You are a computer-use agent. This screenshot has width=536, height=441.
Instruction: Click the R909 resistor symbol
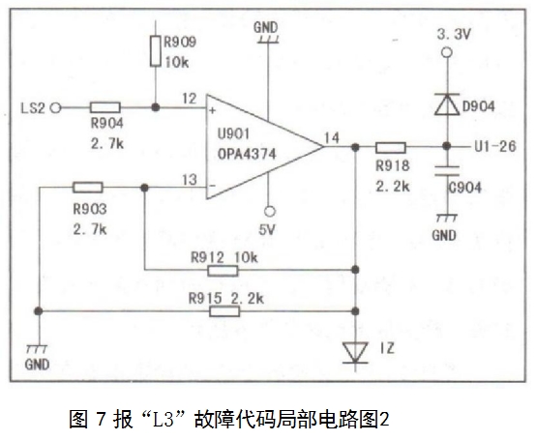[156, 50]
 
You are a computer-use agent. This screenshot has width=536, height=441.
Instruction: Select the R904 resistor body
[104, 107]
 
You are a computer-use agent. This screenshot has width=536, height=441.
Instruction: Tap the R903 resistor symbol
[87, 188]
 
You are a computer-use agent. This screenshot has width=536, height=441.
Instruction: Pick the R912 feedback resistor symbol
[223, 271]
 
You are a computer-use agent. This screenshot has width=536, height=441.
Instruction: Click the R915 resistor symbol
[224, 311]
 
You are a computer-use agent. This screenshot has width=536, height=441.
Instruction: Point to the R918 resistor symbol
[391, 147]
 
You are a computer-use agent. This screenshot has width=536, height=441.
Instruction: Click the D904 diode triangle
[447, 103]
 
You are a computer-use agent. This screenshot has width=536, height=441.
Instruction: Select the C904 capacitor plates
[447, 171]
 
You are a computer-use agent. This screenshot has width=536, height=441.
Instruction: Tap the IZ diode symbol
[355, 353]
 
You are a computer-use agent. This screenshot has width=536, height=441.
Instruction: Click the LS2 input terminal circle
[56, 108]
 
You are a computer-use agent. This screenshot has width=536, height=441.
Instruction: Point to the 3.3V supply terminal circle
[447, 52]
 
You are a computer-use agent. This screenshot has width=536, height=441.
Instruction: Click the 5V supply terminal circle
[270, 212]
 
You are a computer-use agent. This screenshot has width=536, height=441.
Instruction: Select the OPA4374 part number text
[247, 154]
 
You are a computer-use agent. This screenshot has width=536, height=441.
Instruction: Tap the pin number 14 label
[332, 138]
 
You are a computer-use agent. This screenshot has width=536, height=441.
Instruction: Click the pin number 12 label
[190, 99]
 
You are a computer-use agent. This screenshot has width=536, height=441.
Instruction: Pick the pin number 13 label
[190, 180]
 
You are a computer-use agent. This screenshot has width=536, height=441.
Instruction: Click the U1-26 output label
[495, 147]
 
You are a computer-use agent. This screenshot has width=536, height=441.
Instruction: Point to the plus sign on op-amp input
[213, 110]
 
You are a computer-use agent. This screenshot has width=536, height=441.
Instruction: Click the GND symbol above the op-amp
[266, 33]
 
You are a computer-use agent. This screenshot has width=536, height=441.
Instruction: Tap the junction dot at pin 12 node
[156, 107]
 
